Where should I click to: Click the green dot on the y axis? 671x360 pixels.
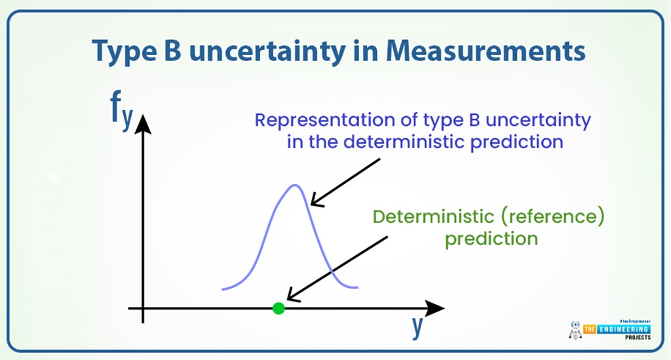[x=278, y=308]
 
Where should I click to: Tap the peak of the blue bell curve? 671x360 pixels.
[x=294, y=186]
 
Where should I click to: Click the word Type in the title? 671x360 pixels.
[x=121, y=52]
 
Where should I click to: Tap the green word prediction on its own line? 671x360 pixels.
[x=491, y=237]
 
